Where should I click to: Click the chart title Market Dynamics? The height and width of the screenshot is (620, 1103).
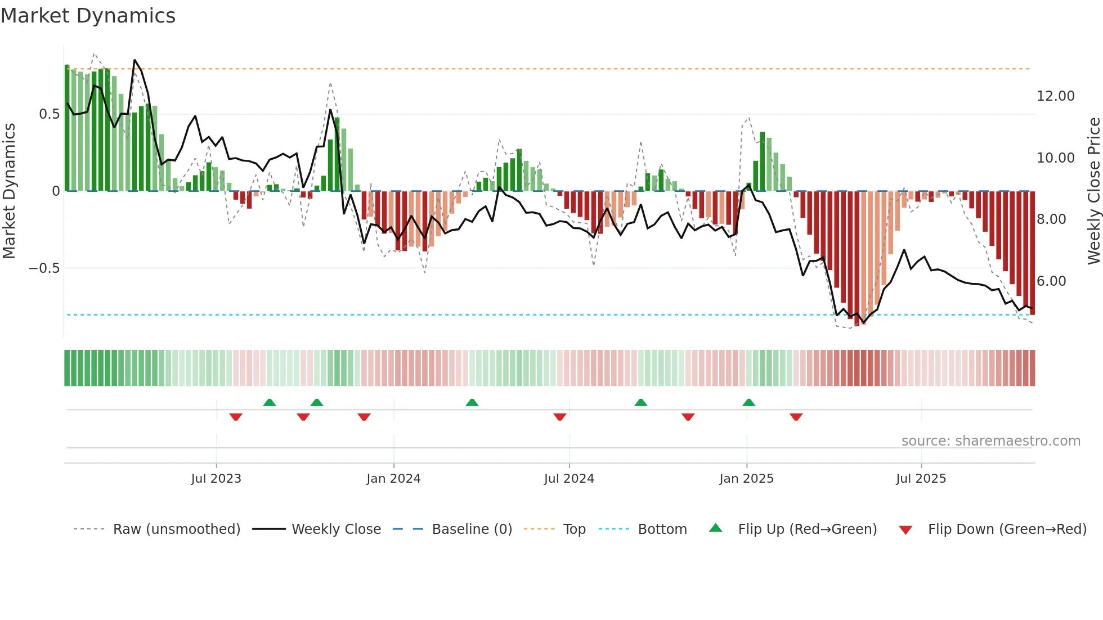88,16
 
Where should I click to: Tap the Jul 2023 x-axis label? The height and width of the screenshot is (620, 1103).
216,479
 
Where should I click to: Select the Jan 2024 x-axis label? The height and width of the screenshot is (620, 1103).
393,479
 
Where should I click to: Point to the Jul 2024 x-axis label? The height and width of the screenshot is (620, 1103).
569,479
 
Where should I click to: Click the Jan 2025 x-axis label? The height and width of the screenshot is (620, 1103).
746,479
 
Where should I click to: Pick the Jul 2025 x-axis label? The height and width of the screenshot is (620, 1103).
921,479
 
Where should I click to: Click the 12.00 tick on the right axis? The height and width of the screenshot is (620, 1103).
1055,96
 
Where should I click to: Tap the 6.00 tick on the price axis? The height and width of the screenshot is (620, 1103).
1051,281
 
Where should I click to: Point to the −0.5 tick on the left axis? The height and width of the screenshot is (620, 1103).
44,268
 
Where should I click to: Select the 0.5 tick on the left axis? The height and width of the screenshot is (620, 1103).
49,114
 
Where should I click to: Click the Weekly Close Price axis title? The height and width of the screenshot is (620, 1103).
1093,191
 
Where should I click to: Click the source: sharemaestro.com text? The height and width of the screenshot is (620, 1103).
990,441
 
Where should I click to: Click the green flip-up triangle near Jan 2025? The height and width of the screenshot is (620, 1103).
748,403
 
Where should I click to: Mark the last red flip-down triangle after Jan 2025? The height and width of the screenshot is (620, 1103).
796,417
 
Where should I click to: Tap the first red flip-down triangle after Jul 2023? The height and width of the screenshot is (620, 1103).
236,417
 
